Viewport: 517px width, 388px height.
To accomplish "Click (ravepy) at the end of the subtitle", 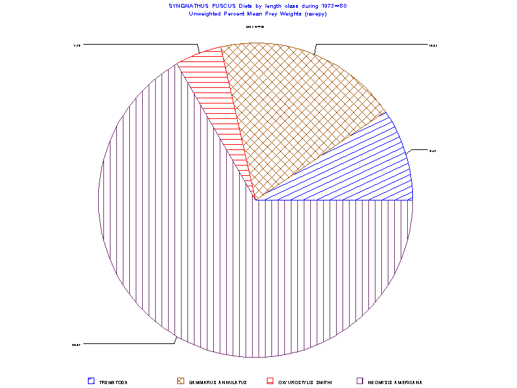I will [x=311, y=14].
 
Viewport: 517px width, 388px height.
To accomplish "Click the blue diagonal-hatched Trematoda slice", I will [x=362, y=168].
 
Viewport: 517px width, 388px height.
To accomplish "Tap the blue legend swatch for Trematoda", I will [x=91, y=382].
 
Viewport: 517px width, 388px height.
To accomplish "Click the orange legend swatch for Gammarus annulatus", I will [x=181, y=382].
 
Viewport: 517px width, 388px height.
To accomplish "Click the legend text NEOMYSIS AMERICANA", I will [x=395, y=382].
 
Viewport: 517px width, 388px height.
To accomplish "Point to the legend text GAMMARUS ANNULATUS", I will [x=218, y=382].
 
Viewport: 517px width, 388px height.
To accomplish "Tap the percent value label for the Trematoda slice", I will [x=432, y=151].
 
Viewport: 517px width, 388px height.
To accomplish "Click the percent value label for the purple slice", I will [x=76, y=345].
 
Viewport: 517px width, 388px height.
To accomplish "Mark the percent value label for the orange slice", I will [x=434, y=45].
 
